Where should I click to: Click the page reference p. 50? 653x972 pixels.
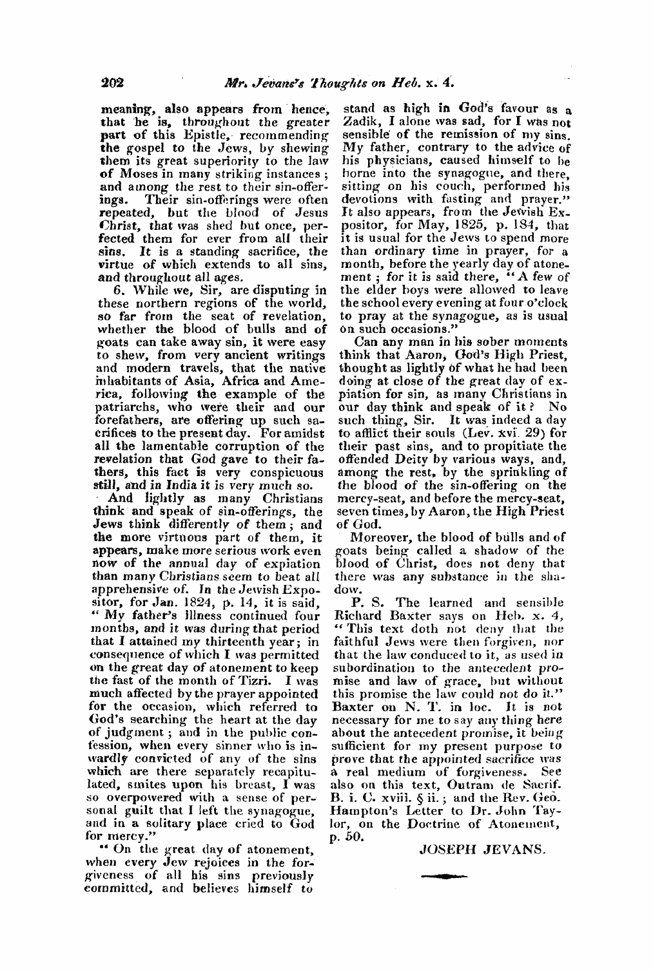click(351, 838)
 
